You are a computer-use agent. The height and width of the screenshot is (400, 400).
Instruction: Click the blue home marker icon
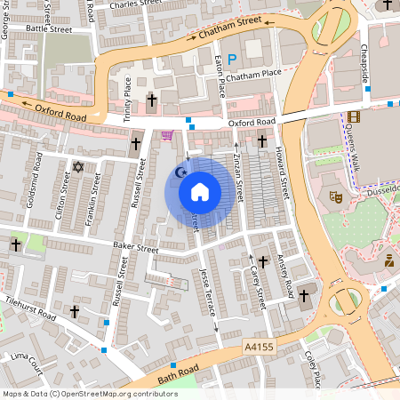(x=199, y=191)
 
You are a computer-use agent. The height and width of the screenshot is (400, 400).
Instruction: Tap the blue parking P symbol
(x=232, y=60)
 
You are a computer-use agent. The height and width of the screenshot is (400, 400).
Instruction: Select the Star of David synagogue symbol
(x=77, y=167)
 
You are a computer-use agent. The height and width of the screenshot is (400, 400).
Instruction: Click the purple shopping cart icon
(x=167, y=135)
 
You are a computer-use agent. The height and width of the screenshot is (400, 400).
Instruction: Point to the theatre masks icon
(x=336, y=197)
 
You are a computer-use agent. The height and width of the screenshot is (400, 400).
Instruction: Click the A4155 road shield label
(x=257, y=351)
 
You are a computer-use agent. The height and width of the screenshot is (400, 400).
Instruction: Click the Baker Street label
(x=134, y=249)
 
